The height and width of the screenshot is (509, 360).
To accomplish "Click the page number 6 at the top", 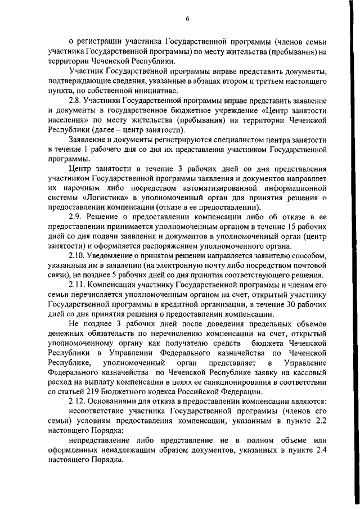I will (187, 19).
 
